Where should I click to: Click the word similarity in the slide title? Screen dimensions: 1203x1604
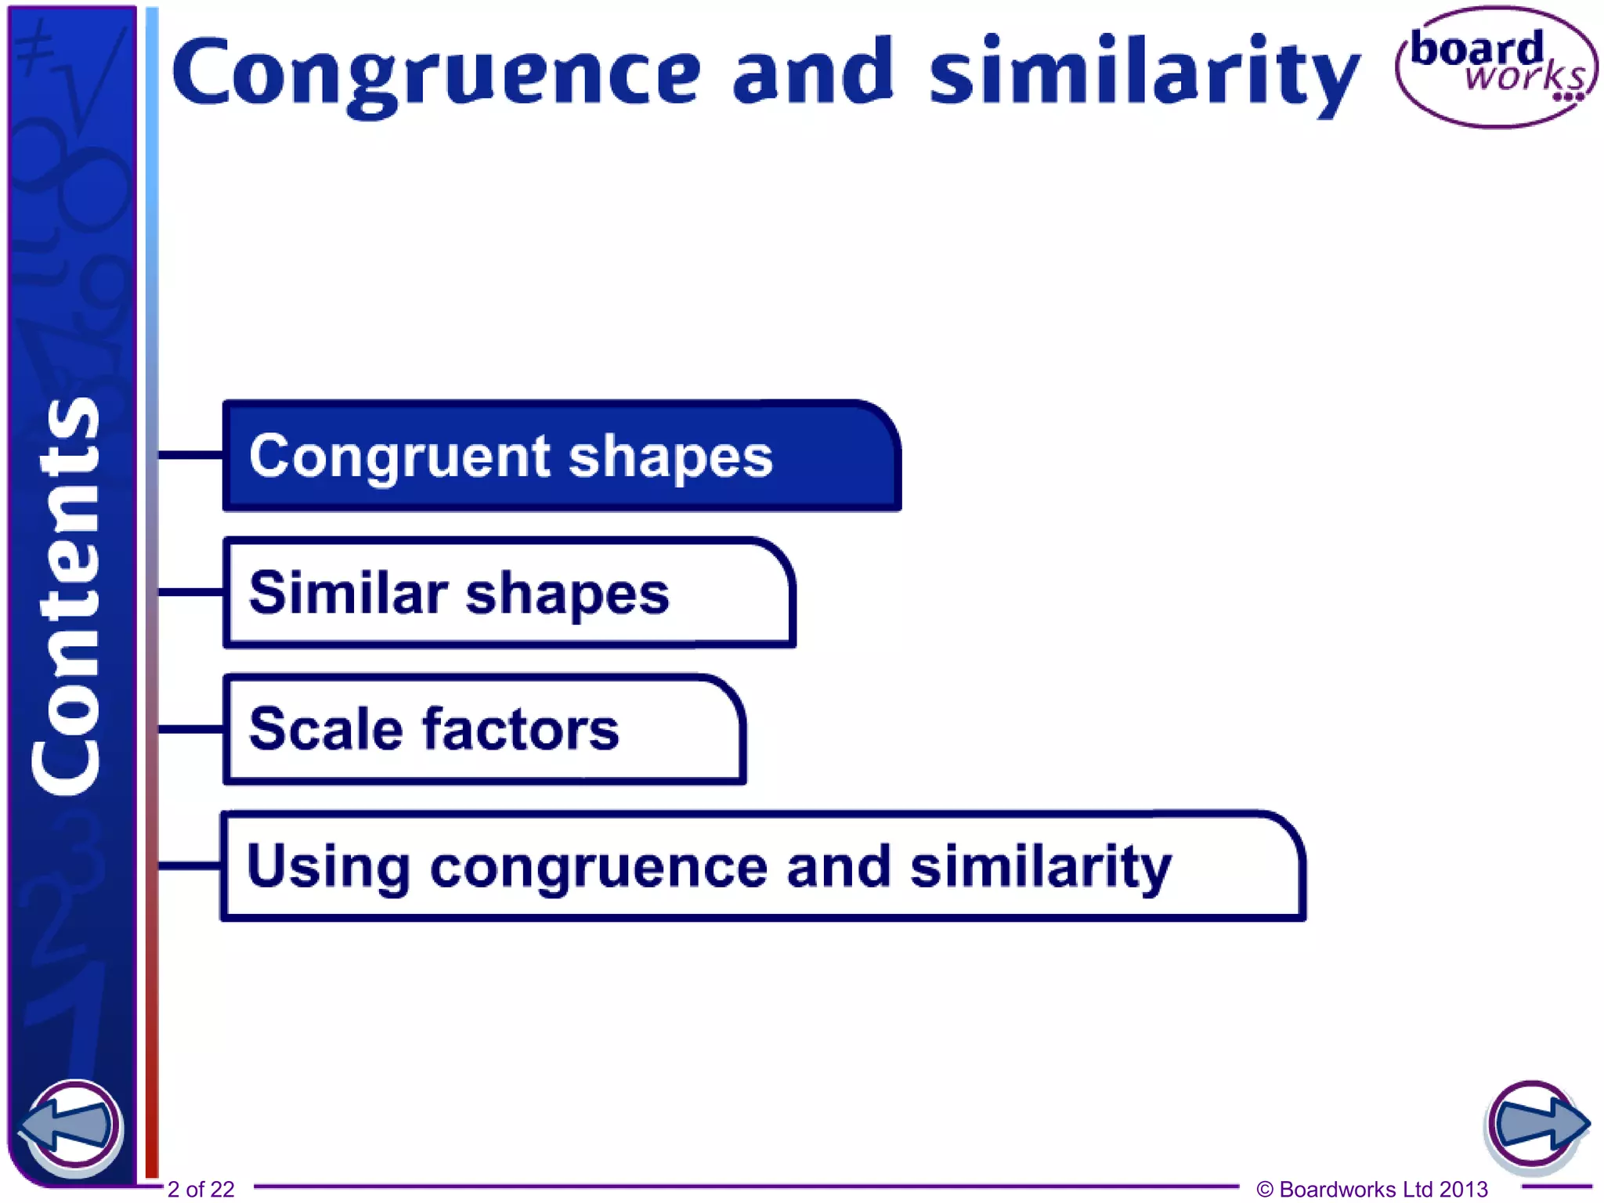pos(1143,74)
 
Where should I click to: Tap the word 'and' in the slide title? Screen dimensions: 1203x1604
pos(812,72)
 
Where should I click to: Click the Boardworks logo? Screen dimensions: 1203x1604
pos(1496,67)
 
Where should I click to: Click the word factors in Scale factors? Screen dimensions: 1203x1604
pos(521,729)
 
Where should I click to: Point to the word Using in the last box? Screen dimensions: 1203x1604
pos(328,866)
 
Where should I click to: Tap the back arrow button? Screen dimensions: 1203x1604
pos(72,1127)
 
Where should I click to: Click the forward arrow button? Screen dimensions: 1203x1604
pos(1535,1125)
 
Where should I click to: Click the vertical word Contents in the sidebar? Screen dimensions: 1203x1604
pos(67,597)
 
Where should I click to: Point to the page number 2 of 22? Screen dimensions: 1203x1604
pos(200,1189)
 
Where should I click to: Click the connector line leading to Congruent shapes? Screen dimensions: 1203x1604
pos(190,454)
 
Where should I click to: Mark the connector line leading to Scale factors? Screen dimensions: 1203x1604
pos(190,729)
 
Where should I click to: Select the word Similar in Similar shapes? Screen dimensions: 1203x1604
pos(348,593)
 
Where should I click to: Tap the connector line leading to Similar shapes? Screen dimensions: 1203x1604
pos(190,592)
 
